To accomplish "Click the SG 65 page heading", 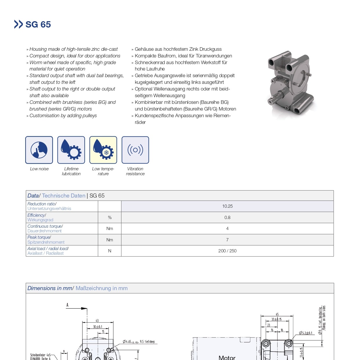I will tap(38, 24).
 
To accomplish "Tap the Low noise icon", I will tap(39, 150).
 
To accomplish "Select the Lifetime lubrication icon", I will tap(71, 150).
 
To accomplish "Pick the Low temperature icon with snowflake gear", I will tap(103, 150).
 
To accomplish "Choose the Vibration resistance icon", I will tap(135, 150).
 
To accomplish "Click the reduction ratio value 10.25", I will tap(227, 206).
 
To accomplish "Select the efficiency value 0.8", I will tap(227, 218).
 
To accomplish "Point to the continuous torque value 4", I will tap(227, 229).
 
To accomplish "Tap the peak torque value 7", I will tap(227, 240).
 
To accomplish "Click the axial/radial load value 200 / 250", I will tap(227, 251).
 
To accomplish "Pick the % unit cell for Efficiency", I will tap(110, 218).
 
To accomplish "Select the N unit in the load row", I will tap(110, 251).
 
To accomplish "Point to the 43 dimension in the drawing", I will tap(97, 321).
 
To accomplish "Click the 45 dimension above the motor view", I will tap(277, 314).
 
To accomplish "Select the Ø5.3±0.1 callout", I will tap(306, 333).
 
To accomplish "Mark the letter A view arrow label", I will tap(67, 305).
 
